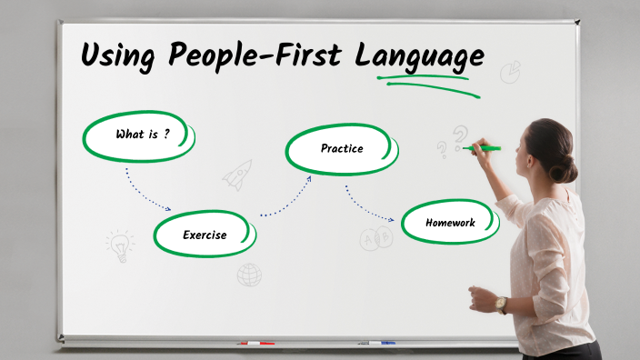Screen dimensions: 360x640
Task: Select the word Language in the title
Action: click(418, 56)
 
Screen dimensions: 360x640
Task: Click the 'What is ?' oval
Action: click(140, 135)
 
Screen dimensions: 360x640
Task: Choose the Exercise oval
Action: click(205, 235)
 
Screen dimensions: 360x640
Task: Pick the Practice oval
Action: click(341, 148)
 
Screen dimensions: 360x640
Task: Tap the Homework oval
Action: click(450, 222)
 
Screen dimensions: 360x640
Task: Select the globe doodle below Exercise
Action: click(249, 274)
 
